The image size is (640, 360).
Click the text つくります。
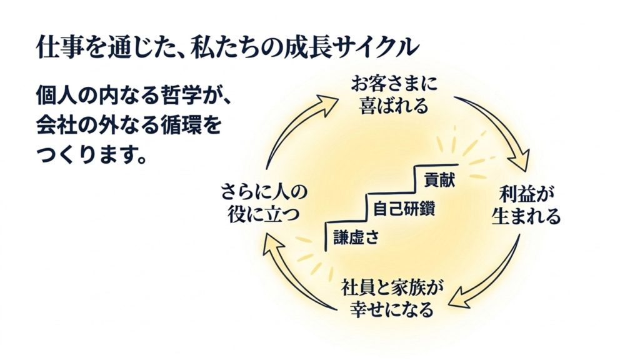point(91,154)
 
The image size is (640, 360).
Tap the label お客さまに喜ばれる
point(394,96)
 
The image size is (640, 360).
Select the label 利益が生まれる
point(526,206)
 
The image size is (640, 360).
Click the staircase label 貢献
point(439,179)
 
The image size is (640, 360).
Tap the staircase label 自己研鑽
point(404,209)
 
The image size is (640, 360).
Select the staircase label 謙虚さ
point(356,237)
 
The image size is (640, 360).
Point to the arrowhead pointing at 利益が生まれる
point(519,161)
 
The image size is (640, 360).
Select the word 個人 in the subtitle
point(57,96)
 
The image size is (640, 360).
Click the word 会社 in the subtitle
point(57,125)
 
